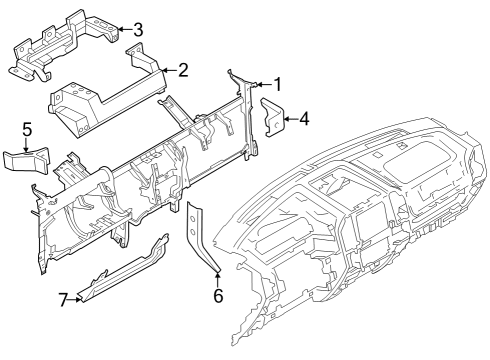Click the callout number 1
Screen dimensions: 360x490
pyautogui.click(x=278, y=85)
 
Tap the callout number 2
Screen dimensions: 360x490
pyautogui.click(x=183, y=70)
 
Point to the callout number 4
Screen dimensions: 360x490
pyautogui.click(x=304, y=118)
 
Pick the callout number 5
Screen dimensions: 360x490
pyautogui.click(x=28, y=128)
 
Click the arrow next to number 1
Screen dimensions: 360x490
pyautogui.click(x=263, y=85)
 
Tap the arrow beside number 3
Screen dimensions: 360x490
pyautogui.click(x=123, y=29)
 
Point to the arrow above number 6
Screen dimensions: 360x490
pyautogui.click(x=217, y=277)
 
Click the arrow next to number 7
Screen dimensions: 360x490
pyautogui.click(x=76, y=297)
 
